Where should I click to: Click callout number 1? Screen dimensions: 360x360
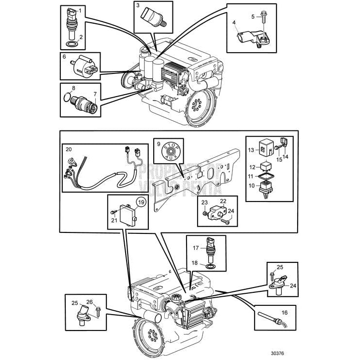(x=80, y=10)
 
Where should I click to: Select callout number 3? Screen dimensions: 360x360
(x=138, y=6)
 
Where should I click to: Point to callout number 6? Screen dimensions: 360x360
(x=64, y=57)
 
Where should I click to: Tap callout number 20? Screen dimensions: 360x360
(x=68, y=149)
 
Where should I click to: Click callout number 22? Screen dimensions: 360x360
(x=223, y=201)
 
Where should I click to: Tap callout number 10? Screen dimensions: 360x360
(x=250, y=185)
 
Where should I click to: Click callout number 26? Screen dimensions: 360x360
(x=90, y=302)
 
